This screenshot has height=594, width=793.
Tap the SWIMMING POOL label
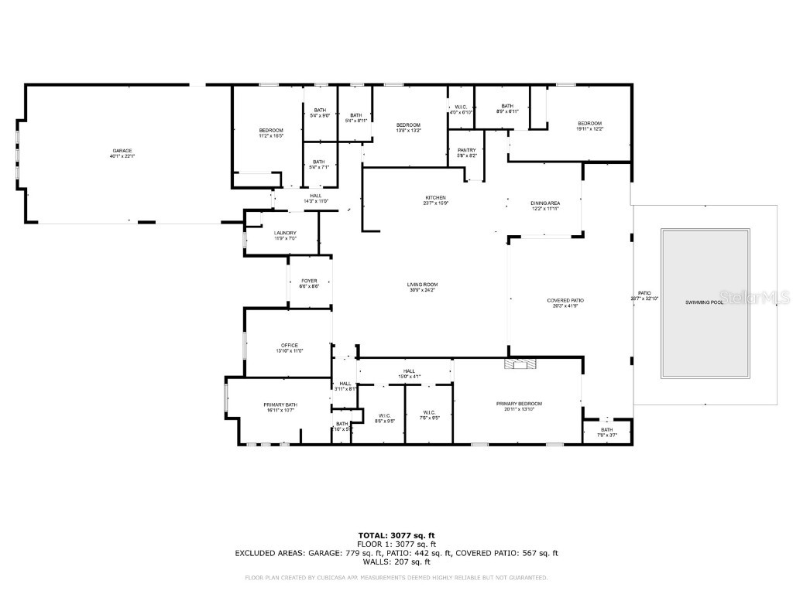coord(704,302)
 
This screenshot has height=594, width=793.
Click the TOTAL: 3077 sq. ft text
coord(396,535)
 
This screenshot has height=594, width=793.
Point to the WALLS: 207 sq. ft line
coord(396,562)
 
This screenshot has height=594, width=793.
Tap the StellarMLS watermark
coord(754,297)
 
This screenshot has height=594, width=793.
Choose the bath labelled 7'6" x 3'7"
coord(606,432)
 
